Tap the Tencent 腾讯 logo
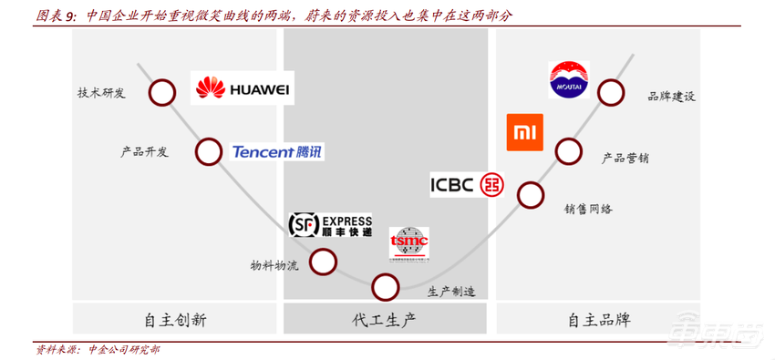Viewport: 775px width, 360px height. [x=277, y=152]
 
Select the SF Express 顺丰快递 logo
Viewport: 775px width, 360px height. [x=330, y=225]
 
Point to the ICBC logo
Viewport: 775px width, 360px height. [x=466, y=184]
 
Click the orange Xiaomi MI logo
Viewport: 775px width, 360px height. [x=524, y=132]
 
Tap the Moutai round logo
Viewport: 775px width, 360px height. [x=570, y=79]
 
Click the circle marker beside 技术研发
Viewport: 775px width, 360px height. [x=162, y=92]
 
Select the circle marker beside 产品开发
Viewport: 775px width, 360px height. [x=208, y=151]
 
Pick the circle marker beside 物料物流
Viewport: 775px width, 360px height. [x=323, y=262]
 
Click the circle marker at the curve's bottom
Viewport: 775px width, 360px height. [x=386, y=288]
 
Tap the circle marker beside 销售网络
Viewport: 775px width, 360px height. [x=530, y=194]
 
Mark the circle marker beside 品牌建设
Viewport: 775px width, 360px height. [x=611, y=91]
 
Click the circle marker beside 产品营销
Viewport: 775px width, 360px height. [x=569, y=151]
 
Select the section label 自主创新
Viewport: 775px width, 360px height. [x=175, y=320]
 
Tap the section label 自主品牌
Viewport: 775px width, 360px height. [x=599, y=320]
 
